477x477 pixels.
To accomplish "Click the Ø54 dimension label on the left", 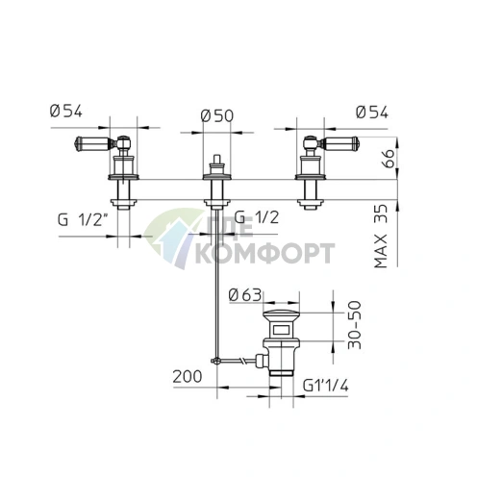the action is (66, 112).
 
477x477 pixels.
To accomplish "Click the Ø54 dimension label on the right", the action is (372, 113).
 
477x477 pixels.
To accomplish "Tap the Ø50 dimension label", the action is (217, 116).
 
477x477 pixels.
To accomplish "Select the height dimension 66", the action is (389, 158).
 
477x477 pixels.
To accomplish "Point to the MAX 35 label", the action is (381, 237).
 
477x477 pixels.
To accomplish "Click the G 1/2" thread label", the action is (83, 220).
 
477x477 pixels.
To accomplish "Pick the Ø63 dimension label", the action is (245, 295).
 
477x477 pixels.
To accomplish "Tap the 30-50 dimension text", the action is (355, 325).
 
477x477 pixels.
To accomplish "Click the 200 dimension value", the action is (188, 376).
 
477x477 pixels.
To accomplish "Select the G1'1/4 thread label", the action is (326, 386).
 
